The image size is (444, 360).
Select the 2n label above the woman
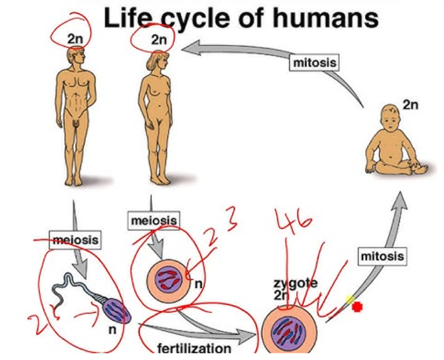click(x=158, y=39)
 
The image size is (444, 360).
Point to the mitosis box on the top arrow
click(x=314, y=63)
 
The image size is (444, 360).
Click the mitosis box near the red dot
click(x=381, y=256)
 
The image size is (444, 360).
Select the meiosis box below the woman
click(x=153, y=220)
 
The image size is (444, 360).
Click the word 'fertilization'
click(x=194, y=348)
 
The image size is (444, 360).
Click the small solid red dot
click(x=357, y=308)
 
